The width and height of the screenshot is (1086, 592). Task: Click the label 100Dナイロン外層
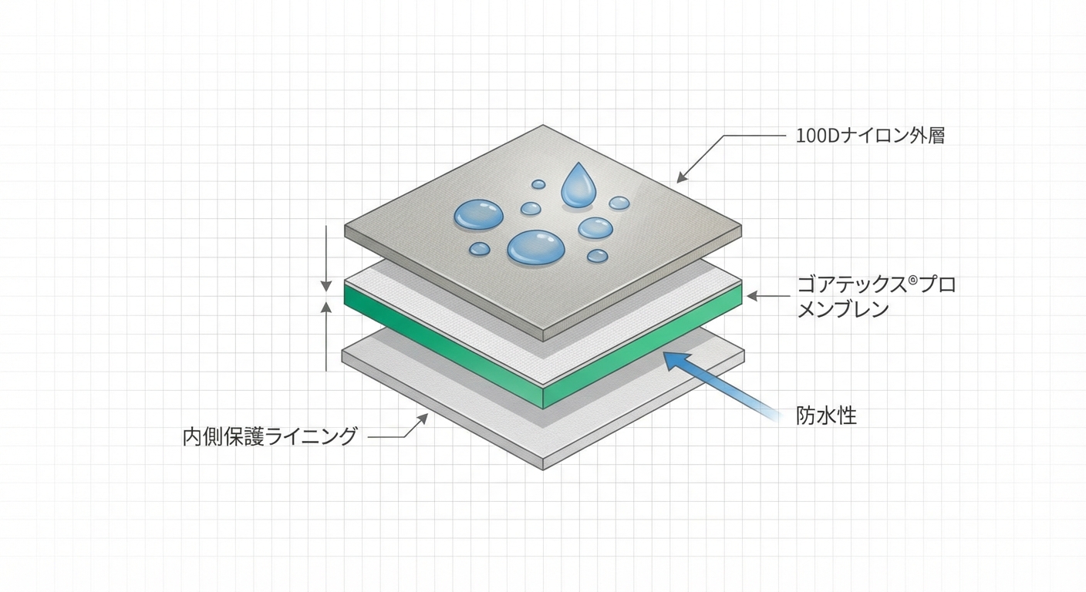[870, 137]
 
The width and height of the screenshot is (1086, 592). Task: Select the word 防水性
[826, 416]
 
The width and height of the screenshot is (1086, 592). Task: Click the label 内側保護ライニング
[270, 436]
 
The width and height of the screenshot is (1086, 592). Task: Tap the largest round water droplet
[536, 247]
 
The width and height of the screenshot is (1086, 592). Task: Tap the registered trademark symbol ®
[912, 280]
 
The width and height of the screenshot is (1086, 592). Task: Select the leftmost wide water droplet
[478, 214]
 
